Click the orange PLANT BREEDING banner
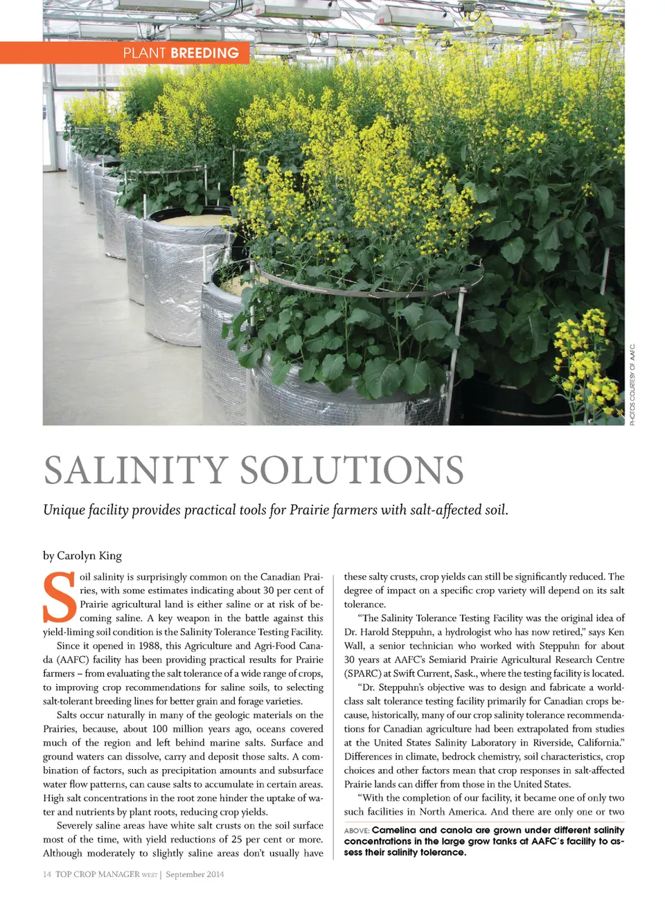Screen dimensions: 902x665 (x=180, y=53)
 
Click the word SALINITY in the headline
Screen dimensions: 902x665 (x=136, y=471)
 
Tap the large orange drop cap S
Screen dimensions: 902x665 (x=59, y=597)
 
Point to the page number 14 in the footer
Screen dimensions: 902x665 (x=47, y=874)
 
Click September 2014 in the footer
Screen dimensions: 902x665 (x=195, y=874)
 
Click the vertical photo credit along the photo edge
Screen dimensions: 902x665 (x=632, y=384)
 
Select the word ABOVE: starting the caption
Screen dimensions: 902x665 (x=357, y=831)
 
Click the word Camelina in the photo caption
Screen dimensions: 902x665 (x=394, y=830)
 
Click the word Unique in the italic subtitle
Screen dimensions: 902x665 (x=64, y=510)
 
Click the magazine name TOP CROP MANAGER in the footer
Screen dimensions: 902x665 (x=98, y=874)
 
